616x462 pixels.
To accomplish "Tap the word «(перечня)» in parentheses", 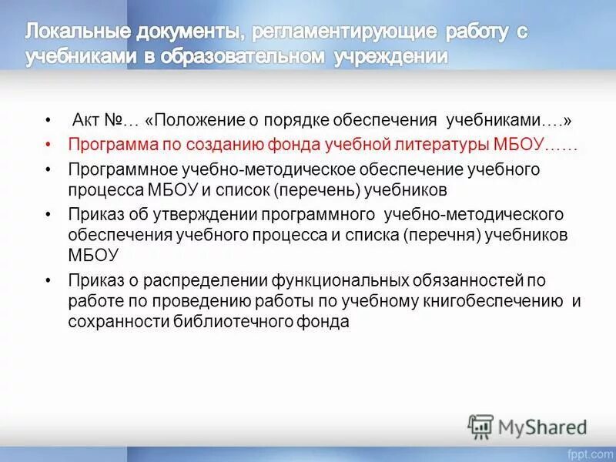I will coord(442,234).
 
